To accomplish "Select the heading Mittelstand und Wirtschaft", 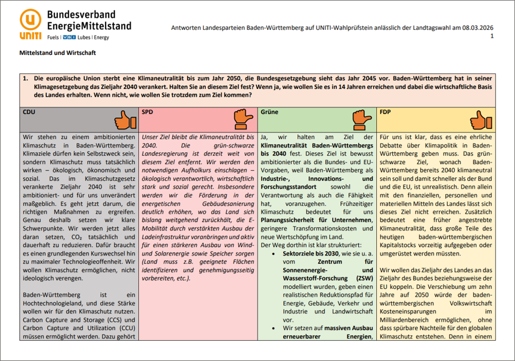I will pyautogui.click(x=58, y=53).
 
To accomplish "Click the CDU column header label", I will pyautogui.click(x=29, y=112).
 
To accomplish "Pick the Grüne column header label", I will pyautogui.click(x=269, y=112).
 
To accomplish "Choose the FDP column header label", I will pyautogui.click(x=386, y=112).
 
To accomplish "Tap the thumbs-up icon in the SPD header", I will pyautogui.click(x=243, y=120).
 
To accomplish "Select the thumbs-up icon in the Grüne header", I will pyautogui.click(x=362, y=120).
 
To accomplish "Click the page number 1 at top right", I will pyautogui.click(x=492, y=36).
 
